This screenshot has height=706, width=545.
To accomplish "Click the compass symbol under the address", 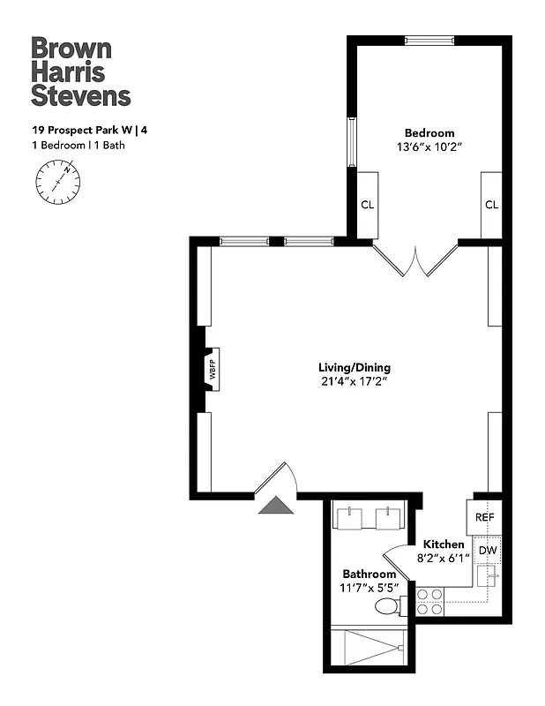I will [x=57, y=183].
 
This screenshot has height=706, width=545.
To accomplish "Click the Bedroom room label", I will [x=430, y=133].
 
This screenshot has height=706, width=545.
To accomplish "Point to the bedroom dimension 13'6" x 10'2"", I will [x=430, y=148].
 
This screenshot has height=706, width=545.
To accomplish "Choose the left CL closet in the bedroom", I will [x=366, y=205].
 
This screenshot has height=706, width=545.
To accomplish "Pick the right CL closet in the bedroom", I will [x=491, y=205].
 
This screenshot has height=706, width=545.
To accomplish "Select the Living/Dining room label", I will [x=355, y=367].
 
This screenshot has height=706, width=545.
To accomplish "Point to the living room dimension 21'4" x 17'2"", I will [x=355, y=382].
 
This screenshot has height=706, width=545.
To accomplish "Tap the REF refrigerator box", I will [x=484, y=517].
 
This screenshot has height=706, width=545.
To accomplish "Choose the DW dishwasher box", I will [x=488, y=551].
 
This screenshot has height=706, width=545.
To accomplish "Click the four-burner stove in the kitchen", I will [x=429, y=601].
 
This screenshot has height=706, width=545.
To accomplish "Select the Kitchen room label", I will [x=444, y=545].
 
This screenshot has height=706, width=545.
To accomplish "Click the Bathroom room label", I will [x=370, y=574].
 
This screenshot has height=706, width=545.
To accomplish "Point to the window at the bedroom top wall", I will [x=429, y=40].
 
